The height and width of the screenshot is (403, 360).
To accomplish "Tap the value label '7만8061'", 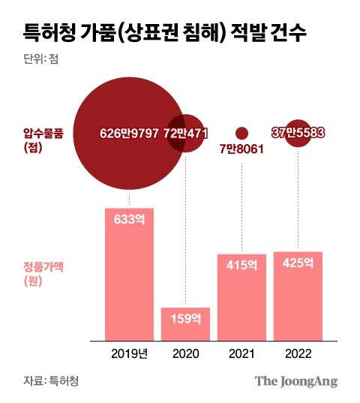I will pos(241,149).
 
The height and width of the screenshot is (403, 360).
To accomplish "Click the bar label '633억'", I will pos(129,220).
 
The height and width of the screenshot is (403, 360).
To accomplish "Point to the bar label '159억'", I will pos(185,318).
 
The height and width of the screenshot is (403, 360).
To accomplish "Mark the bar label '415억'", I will pos(241,265).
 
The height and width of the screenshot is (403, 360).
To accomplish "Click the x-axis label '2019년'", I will pos(129,353).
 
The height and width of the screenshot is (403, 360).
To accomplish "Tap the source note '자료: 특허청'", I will pos(46,380).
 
